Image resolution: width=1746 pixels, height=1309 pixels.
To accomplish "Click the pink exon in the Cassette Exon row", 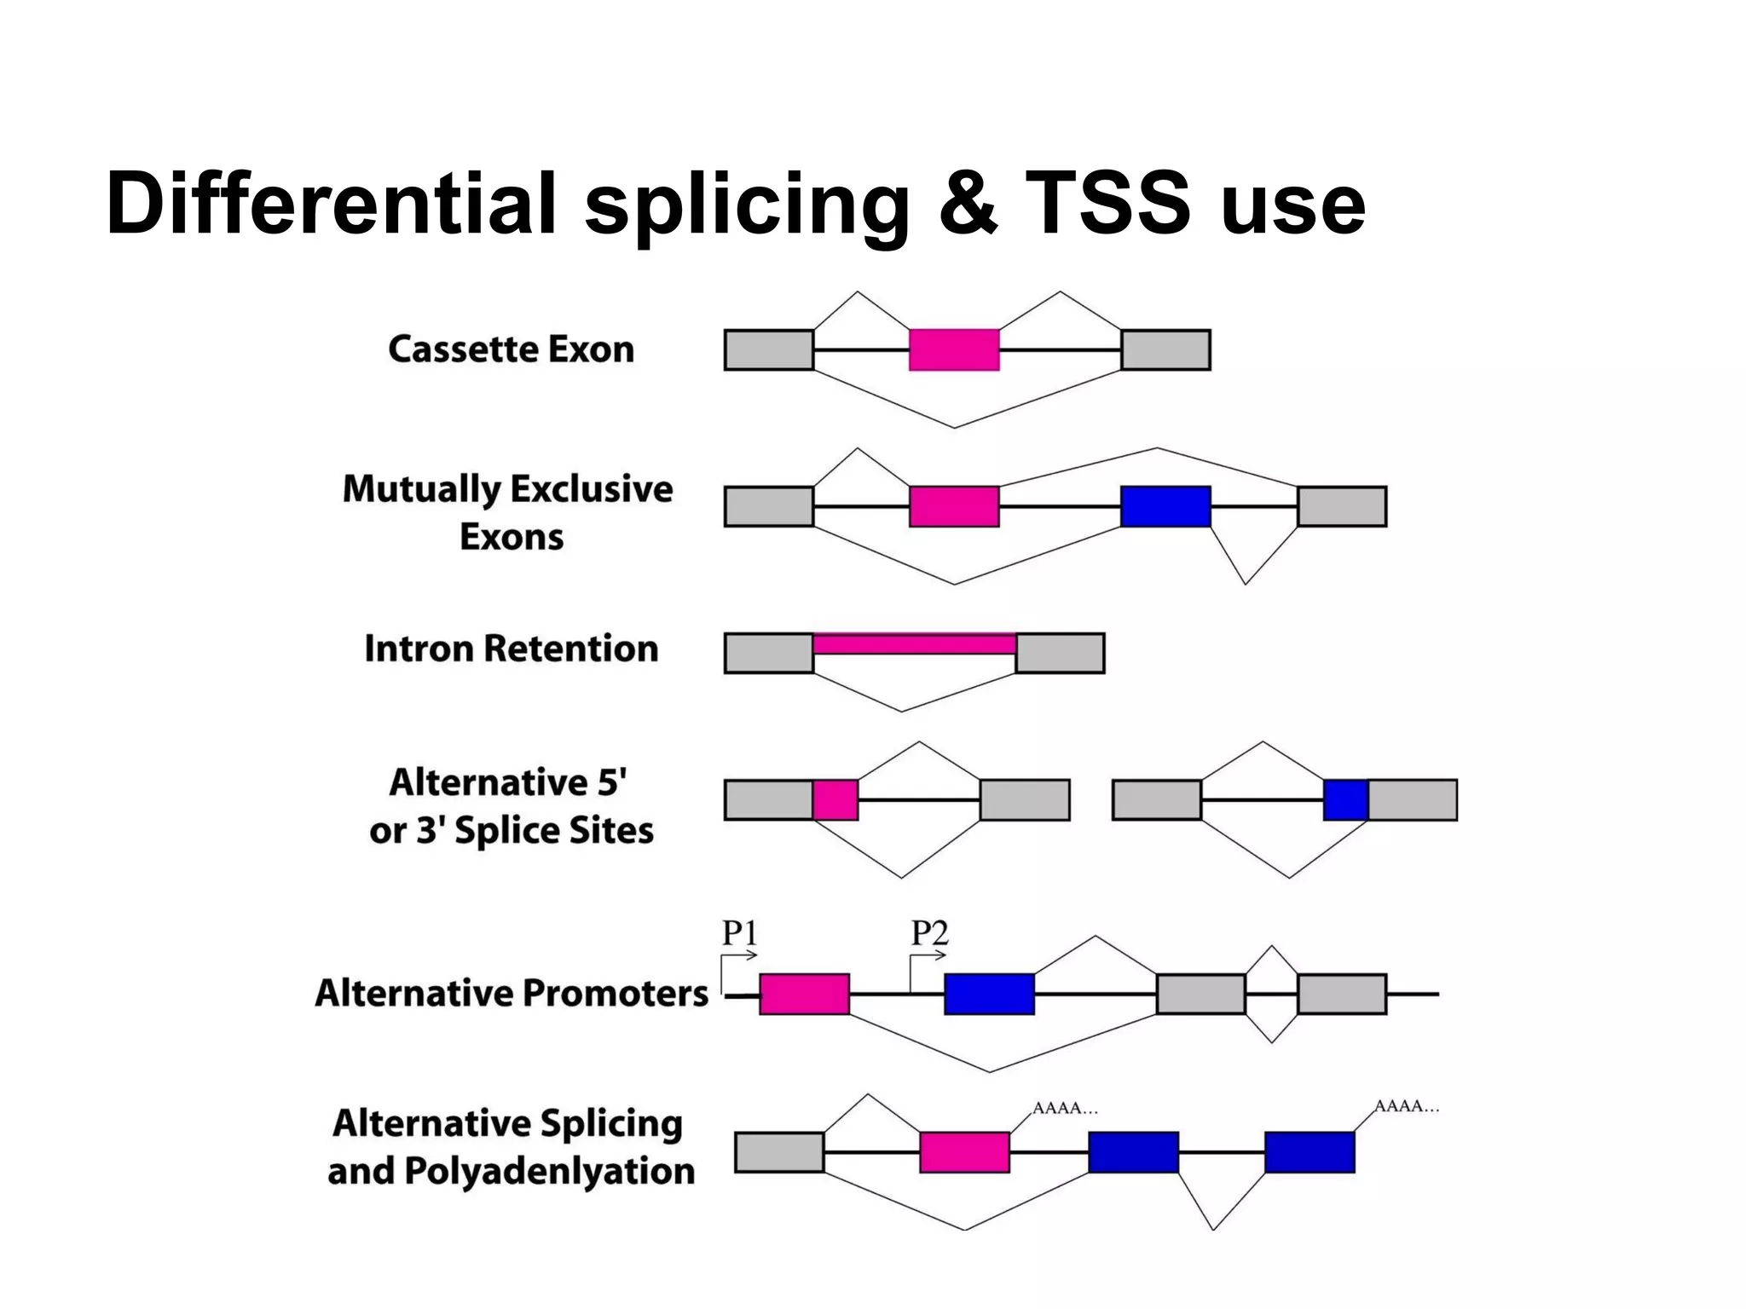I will pos(954,349).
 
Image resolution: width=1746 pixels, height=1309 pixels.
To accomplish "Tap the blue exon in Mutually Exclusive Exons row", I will pos(1165,506).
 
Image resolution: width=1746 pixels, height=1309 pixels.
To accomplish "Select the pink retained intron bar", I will pos(914,643).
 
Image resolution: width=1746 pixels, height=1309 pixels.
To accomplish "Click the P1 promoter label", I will pos(739,933).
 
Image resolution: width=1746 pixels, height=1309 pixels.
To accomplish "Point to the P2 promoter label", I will pos(929,933).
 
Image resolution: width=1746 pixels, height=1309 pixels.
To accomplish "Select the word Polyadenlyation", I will pos(549,1171).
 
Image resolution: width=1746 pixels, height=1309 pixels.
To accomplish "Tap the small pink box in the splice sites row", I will pos(835,799).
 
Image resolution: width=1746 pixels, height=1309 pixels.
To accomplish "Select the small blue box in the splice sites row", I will pos(1345,799).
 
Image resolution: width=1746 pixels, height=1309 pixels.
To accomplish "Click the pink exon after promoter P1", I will pos(804,994).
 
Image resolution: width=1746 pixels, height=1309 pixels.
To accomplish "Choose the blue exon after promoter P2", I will pos(989,994).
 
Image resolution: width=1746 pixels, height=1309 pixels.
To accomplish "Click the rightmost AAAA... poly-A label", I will pos(1407,1106).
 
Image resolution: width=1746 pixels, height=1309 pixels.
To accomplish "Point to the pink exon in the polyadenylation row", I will pos(964,1152).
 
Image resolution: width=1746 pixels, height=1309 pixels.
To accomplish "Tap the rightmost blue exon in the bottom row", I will pos(1309,1152).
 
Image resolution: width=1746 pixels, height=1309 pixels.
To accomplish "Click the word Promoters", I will pos(615,993).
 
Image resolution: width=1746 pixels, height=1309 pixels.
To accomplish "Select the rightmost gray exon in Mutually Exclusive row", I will pos(1342,506).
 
